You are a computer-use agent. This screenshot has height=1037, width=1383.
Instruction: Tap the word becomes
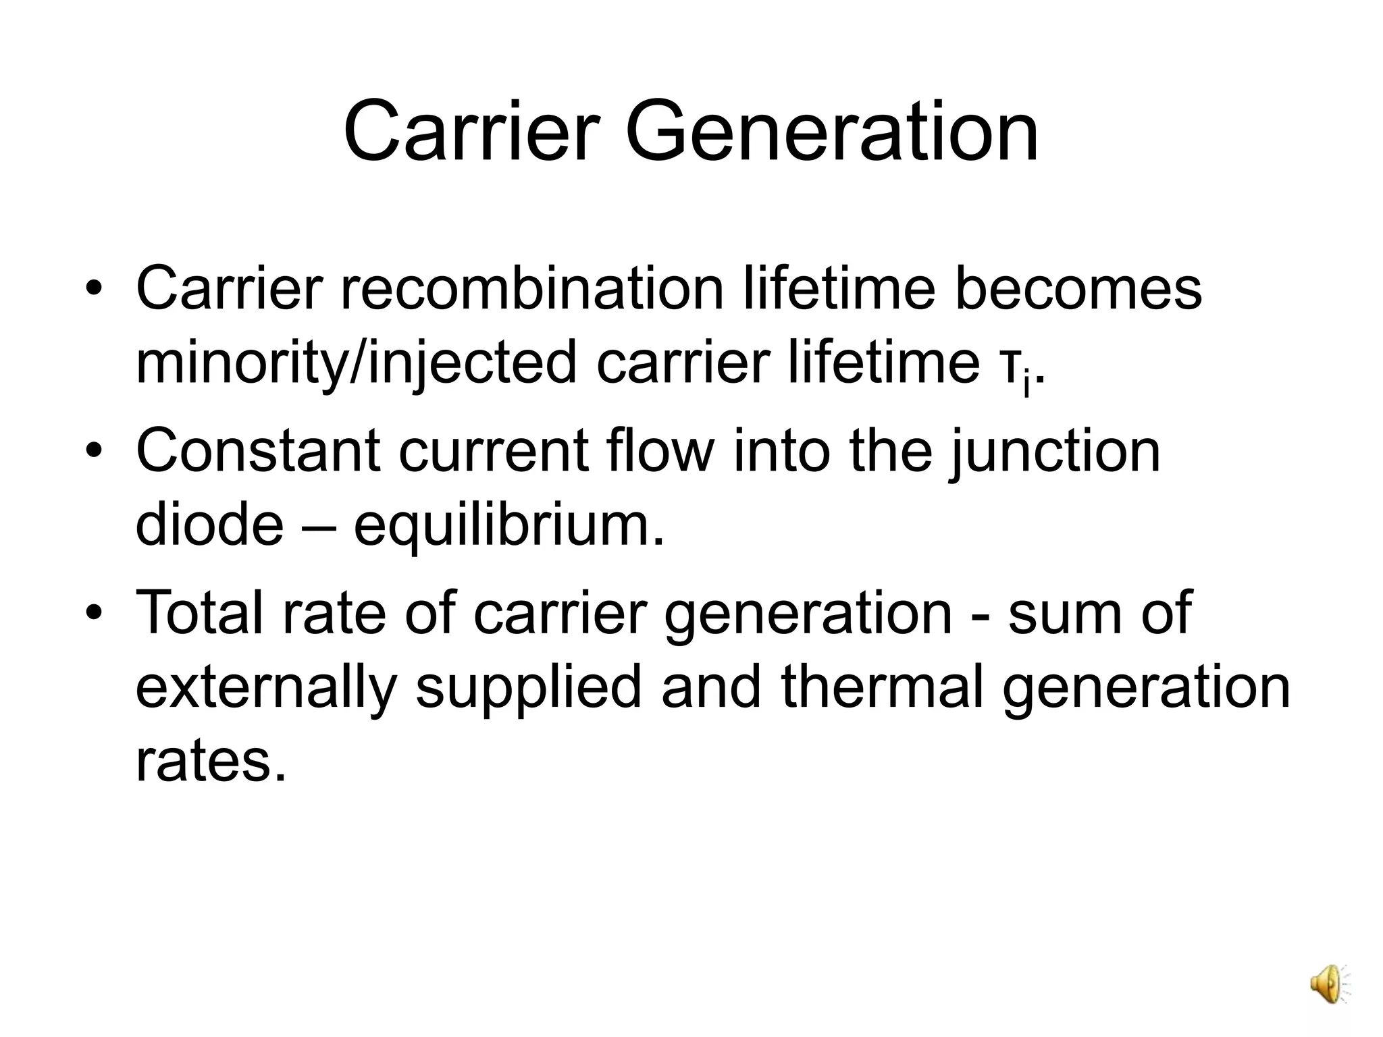pos(1078,289)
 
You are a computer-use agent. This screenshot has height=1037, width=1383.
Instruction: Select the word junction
pos(1054,450)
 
